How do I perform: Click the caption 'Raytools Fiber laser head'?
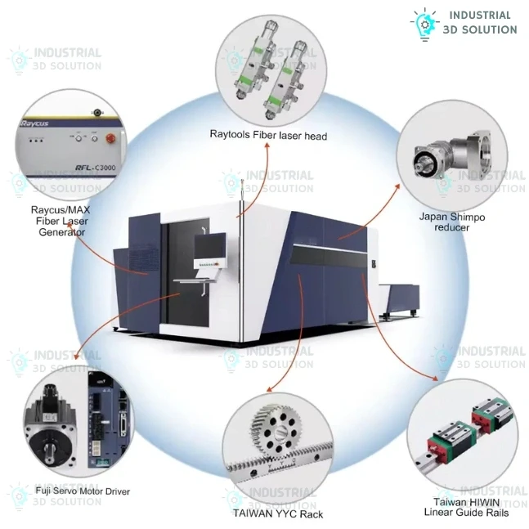267,135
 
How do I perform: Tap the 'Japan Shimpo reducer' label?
452,222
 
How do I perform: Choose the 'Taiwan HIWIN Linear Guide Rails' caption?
466,508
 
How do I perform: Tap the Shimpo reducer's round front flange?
425,160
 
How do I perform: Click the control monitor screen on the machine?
212,250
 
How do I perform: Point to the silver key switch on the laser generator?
96,111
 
